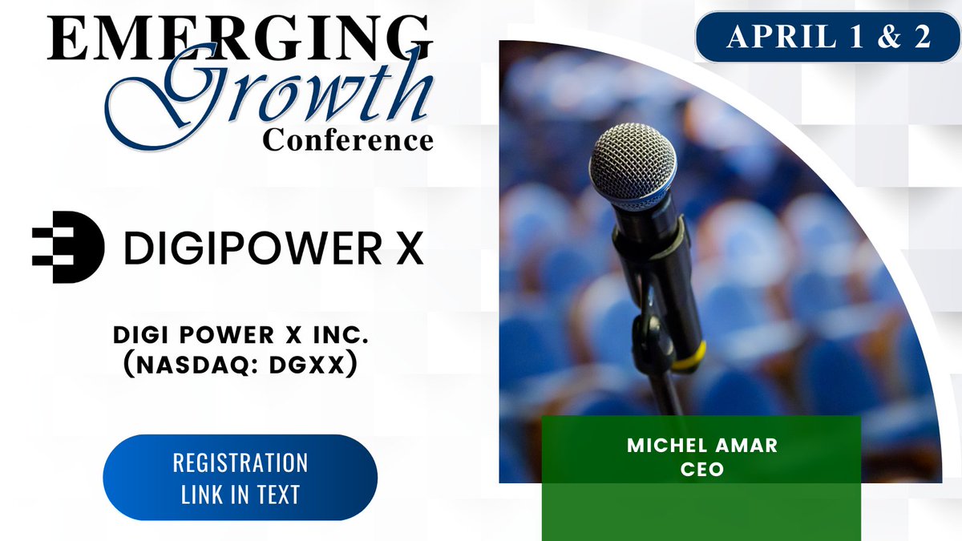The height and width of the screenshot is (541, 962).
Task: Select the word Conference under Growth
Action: [349, 140]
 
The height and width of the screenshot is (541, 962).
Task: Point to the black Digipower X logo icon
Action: [68, 247]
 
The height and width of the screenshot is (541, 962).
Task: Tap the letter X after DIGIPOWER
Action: [406, 248]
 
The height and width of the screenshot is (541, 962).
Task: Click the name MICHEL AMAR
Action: [701, 446]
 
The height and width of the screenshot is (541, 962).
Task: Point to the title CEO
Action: [701, 469]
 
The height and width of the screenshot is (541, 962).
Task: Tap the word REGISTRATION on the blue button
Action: [240, 463]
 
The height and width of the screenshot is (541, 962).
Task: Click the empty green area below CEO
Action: [701, 513]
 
